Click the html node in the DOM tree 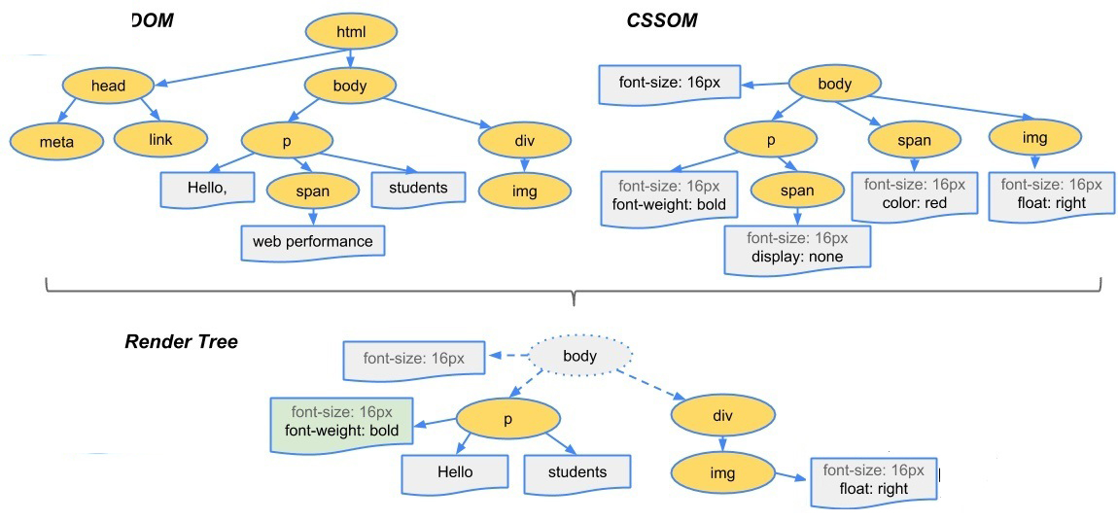350,32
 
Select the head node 108,86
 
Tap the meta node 56,142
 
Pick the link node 160,140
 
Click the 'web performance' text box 312,240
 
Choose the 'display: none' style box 797,248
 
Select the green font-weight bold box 340,420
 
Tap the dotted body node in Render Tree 580,356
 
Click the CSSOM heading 661,20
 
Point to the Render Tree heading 182,341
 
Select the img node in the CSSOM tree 1035,138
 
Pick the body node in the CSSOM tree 834,84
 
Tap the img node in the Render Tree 721,473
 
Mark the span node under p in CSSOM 797,191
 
